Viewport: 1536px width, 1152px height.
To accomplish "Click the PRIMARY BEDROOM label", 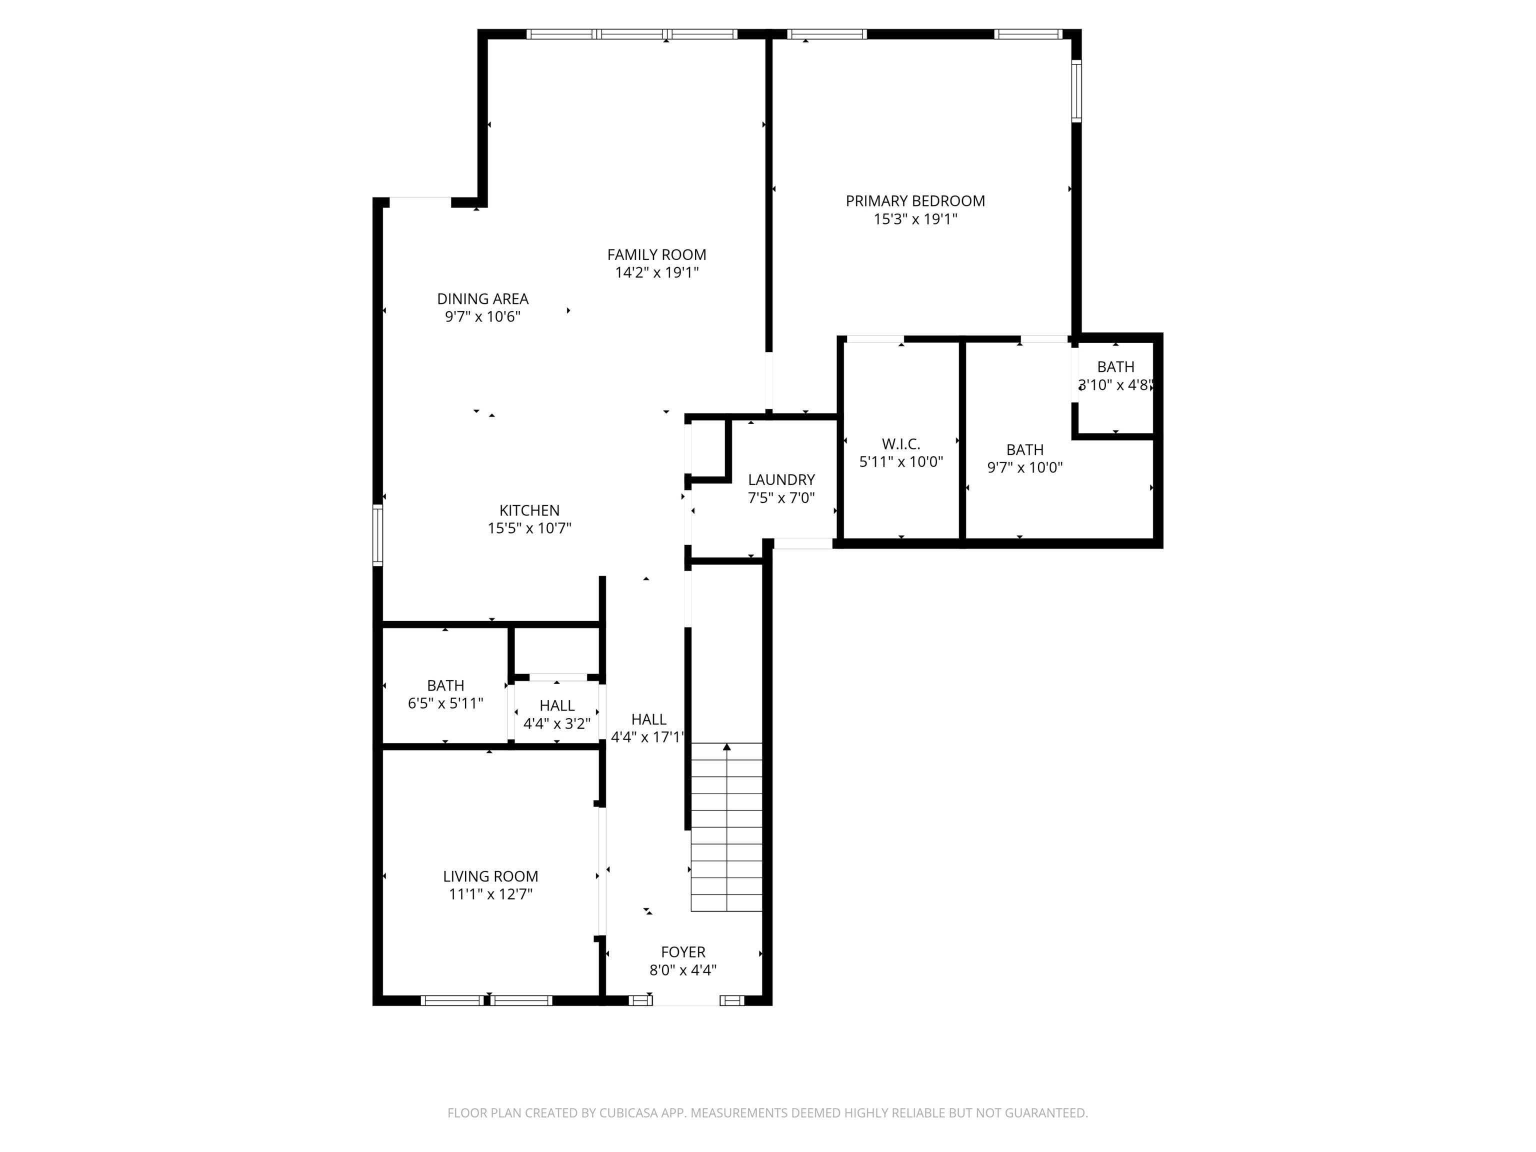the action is pyautogui.click(x=915, y=201).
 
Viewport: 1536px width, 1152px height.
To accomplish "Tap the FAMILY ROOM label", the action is pyautogui.click(x=657, y=255).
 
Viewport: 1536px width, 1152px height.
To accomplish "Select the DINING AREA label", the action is pyautogui.click(x=482, y=299).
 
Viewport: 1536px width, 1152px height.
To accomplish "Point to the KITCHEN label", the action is pyautogui.click(x=529, y=510).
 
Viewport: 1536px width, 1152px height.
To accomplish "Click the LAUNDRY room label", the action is pyautogui.click(x=781, y=480).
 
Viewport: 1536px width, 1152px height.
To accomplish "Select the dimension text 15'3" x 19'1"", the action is pyautogui.click(x=915, y=219).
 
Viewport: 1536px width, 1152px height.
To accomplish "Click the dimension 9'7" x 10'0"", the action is pyautogui.click(x=1025, y=467).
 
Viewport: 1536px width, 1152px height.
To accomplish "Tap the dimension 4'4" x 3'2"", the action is pyautogui.click(x=557, y=723).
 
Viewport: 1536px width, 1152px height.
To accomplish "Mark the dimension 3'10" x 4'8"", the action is pyautogui.click(x=1116, y=384).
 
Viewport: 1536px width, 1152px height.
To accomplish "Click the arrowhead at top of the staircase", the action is pyautogui.click(x=727, y=747).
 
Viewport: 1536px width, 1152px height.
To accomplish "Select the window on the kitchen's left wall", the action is pyautogui.click(x=378, y=534).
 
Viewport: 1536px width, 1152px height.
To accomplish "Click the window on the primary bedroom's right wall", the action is pyautogui.click(x=1076, y=91).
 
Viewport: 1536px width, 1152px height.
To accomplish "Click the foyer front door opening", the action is pyautogui.click(x=686, y=1000).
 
